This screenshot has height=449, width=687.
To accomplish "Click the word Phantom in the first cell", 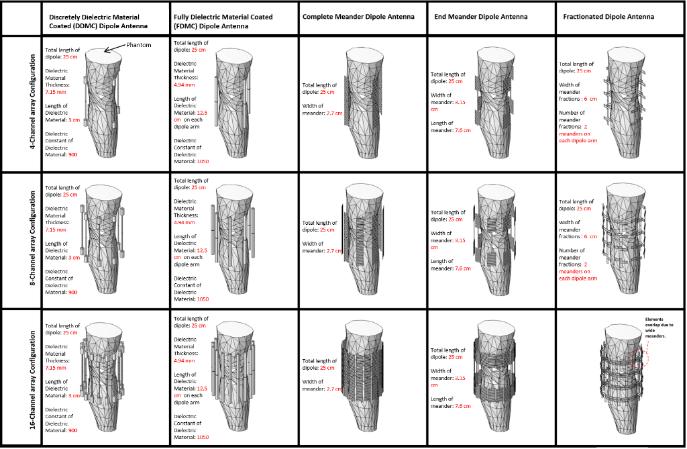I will tap(139, 44).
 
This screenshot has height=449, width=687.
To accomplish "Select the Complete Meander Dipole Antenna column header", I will tap(358, 16).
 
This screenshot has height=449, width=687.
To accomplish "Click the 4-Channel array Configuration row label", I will tap(32, 104).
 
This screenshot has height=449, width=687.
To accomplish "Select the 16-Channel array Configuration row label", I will tap(32, 377).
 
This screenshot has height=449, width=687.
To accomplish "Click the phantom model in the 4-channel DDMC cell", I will tap(104, 107).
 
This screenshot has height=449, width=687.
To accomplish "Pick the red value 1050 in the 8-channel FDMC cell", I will tap(201, 299).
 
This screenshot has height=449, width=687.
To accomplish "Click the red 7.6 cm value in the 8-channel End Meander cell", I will tap(462, 268).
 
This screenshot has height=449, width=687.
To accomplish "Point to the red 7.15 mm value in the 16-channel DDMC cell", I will tap(55, 368).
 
